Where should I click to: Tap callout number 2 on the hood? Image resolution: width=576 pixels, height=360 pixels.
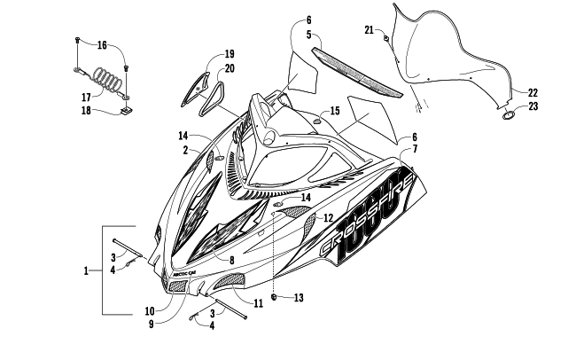[x=186, y=151]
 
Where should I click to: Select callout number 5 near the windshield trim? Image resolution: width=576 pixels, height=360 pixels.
[x=284, y=35]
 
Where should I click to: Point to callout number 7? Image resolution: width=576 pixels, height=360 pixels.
[x=414, y=151]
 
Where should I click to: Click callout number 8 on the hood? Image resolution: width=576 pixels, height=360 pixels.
[x=231, y=261]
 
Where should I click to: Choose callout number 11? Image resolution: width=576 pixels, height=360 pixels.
[x=259, y=302]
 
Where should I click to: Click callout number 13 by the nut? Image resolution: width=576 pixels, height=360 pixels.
[x=298, y=298]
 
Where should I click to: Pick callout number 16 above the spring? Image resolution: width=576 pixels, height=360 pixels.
[x=102, y=45]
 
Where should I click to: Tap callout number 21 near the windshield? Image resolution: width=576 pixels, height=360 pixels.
[x=369, y=30]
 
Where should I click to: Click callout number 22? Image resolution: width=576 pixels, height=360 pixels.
[x=533, y=92]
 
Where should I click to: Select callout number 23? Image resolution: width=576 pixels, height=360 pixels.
[x=533, y=106]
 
